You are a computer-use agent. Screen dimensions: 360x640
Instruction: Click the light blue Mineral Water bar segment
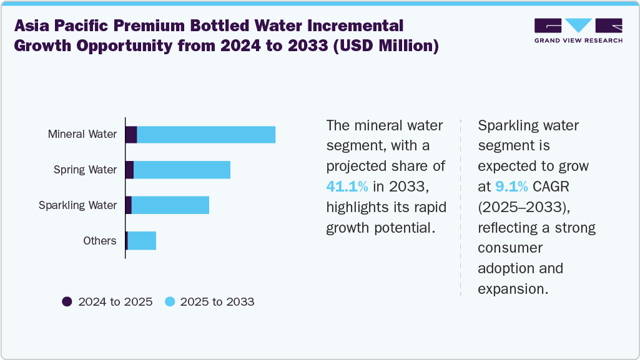click(206, 134)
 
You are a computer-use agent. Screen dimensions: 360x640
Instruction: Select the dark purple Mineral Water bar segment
click(131, 134)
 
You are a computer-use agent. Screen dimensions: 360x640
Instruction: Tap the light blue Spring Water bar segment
click(182, 170)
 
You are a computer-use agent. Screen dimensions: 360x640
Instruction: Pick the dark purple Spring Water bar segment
click(129, 170)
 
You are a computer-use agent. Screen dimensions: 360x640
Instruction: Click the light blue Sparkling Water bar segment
click(170, 205)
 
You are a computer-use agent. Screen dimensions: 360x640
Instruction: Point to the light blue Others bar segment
click(142, 241)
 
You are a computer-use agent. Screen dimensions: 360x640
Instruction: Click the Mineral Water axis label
click(82, 134)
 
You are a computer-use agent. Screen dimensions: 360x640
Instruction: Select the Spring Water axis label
click(85, 170)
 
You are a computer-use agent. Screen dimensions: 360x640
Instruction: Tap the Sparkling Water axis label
click(77, 205)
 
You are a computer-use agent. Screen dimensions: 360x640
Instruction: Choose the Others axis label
click(100, 241)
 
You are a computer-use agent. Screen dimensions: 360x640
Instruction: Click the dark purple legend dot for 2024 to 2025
click(67, 302)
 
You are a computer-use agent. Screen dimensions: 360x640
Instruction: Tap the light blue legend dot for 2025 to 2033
click(169, 302)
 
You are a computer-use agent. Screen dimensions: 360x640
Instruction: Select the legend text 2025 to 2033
click(217, 302)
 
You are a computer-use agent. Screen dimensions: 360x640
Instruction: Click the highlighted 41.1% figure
click(347, 186)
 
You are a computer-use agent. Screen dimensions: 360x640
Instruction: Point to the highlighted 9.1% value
click(512, 186)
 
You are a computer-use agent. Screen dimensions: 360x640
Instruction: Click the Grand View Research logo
click(578, 31)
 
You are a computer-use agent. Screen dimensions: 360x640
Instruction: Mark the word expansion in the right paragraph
click(512, 289)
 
